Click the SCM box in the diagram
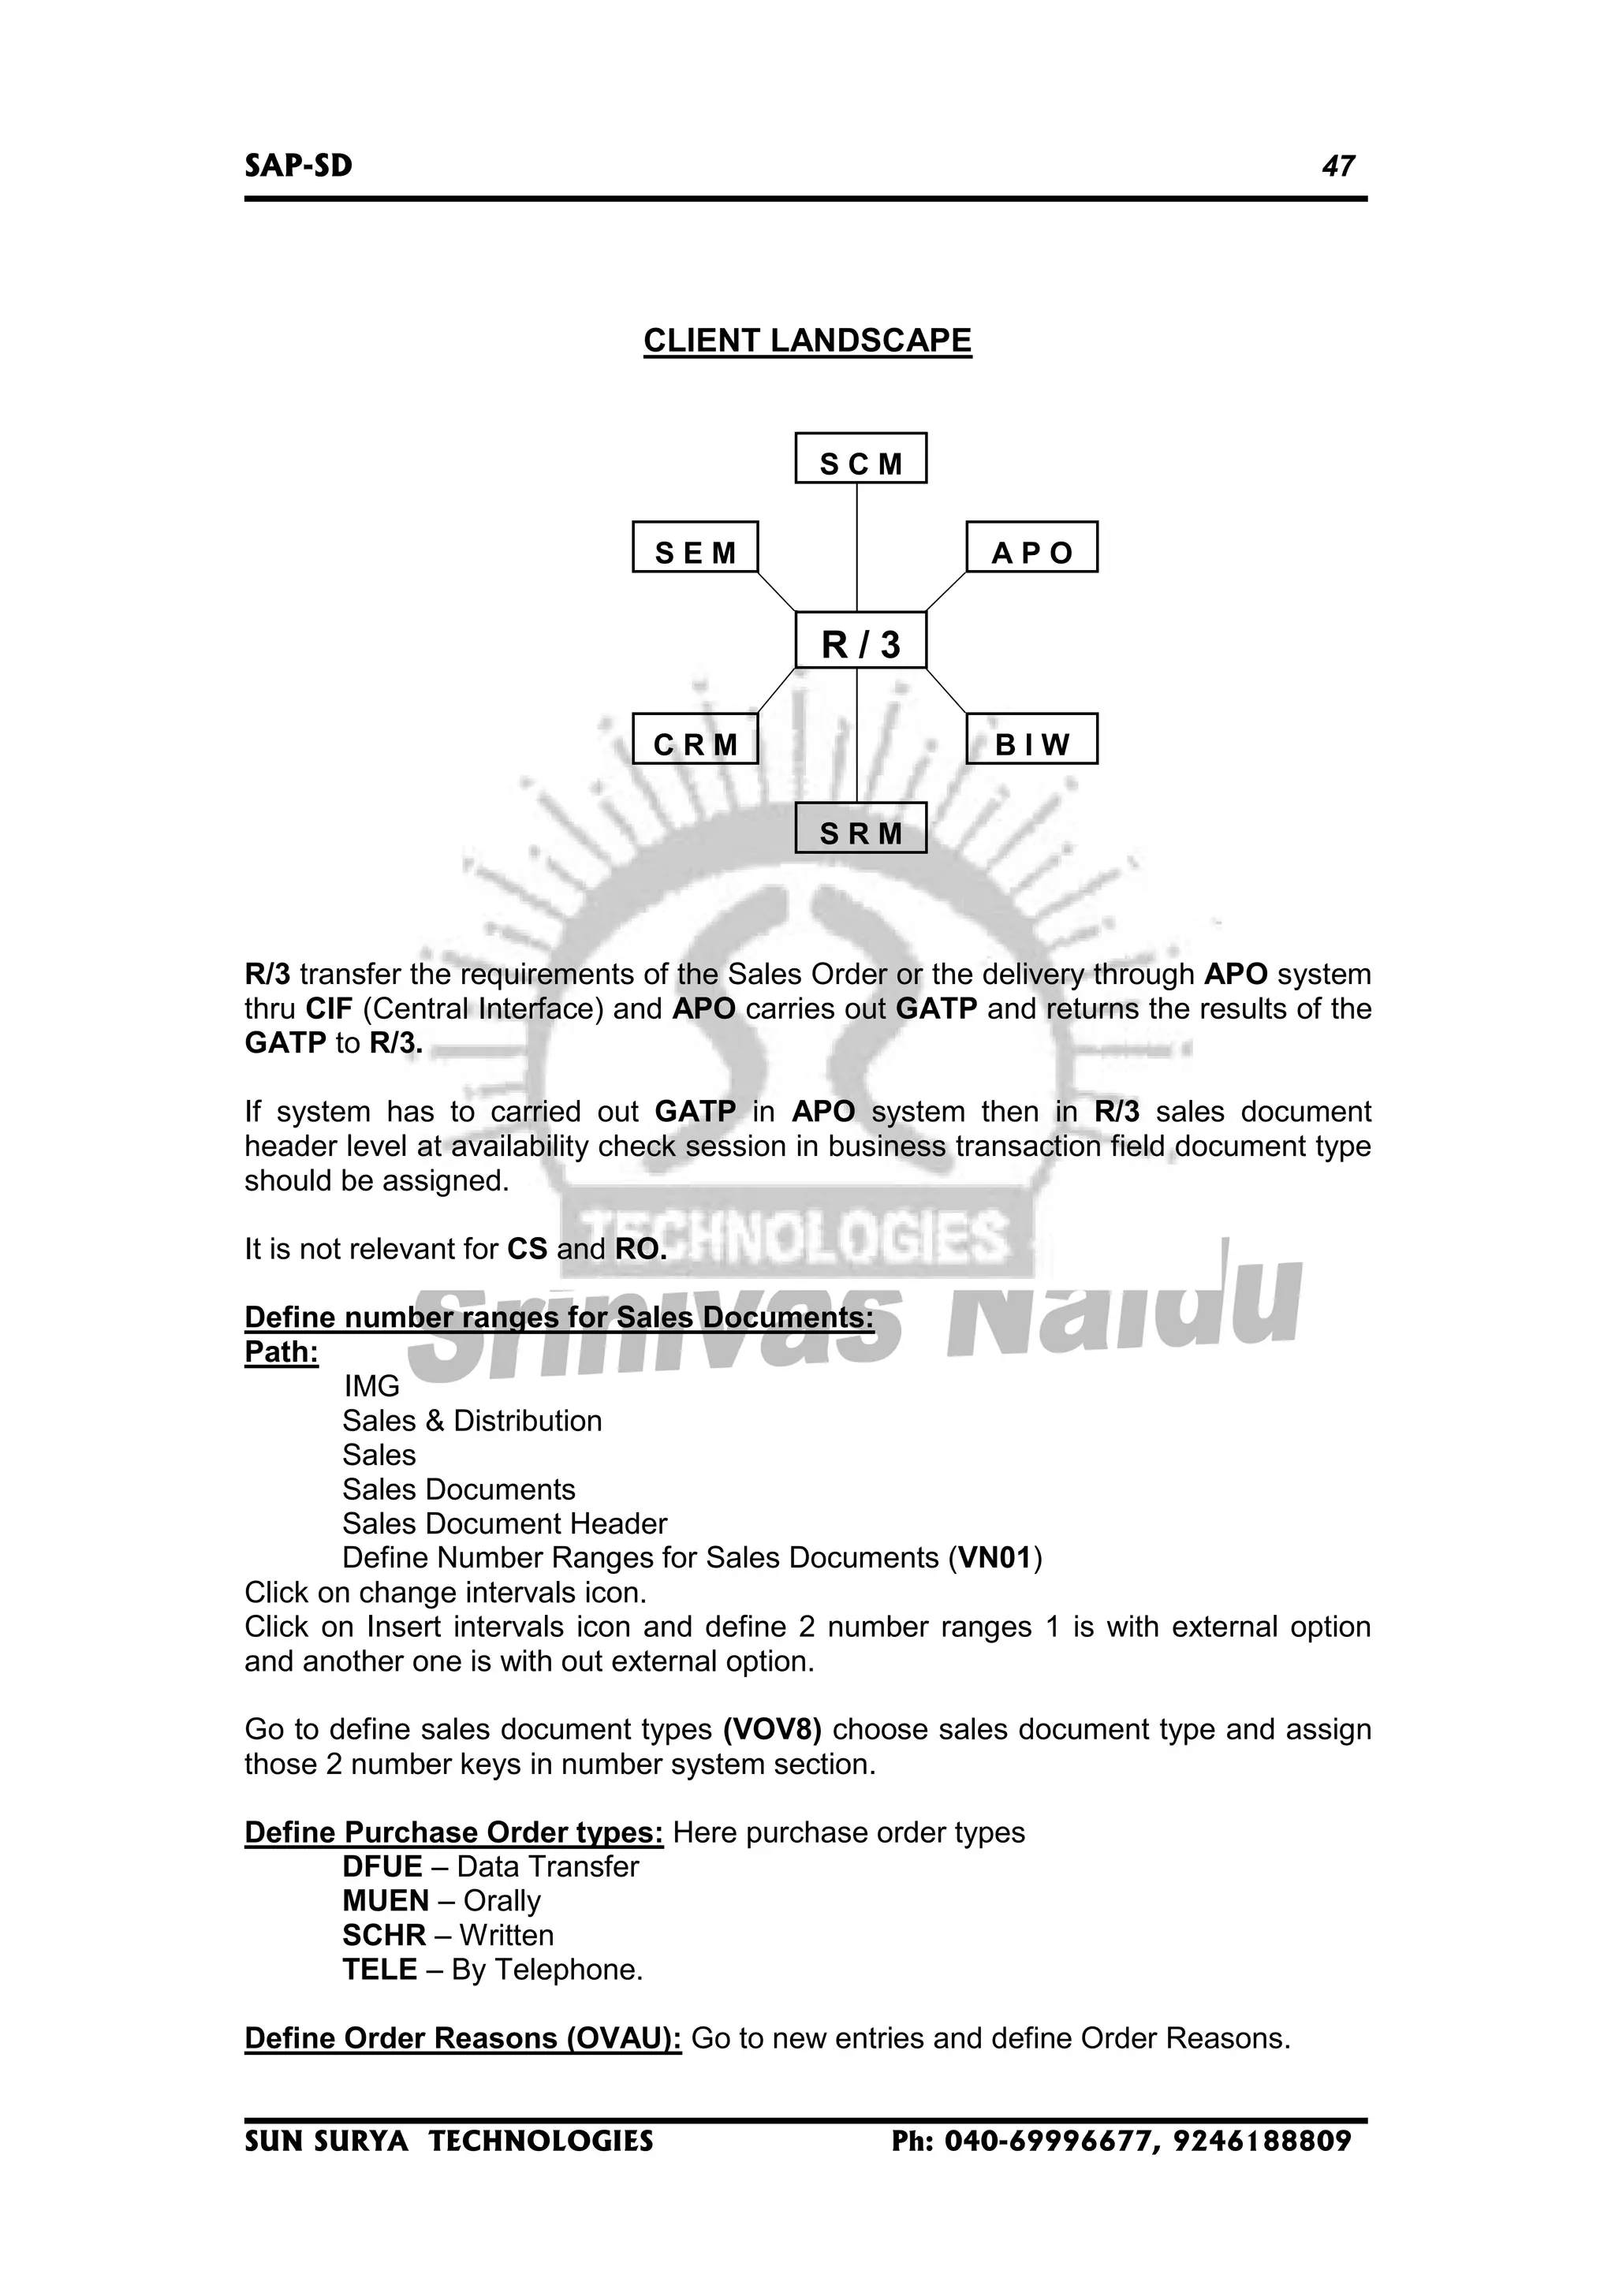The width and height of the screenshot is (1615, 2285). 861,459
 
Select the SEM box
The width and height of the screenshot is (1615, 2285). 695,547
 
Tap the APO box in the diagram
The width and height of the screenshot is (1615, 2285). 1032,547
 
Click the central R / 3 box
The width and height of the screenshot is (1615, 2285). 861,641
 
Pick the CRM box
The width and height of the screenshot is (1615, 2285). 695,740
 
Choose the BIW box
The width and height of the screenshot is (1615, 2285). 1032,740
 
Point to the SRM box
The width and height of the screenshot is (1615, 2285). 861,828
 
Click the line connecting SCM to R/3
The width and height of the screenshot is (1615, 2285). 858,547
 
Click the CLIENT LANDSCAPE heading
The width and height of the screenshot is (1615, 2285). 807,341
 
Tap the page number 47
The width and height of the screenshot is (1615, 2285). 1337,166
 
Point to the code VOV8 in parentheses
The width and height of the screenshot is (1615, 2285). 772,1730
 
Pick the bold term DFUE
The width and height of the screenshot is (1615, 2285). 382,1867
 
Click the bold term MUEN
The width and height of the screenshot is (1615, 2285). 385,1901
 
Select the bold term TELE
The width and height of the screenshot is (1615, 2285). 379,1970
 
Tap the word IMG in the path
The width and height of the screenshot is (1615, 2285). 371,1386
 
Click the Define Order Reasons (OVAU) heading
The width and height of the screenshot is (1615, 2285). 463,2038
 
